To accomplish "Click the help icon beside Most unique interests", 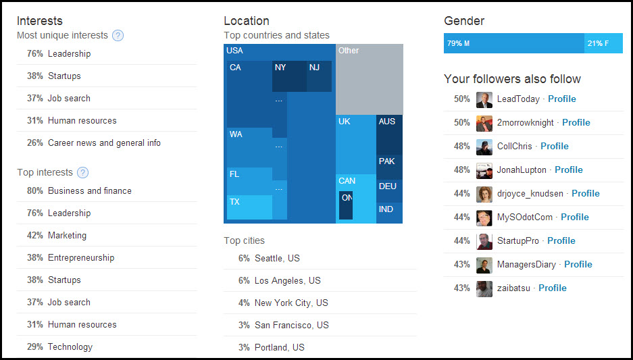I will click(x=118, y=36).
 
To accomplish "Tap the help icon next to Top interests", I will click(x=83, y=173).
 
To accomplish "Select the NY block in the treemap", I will click(x=289, y=76).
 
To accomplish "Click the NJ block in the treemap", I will click(x=319, y=76).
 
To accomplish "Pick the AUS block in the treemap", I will click(x=389, y=134).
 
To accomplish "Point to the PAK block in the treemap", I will click(x=389, y=166).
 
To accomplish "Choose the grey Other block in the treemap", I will click(x=370, y=79).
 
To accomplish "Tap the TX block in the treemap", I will click(x=249, y=207).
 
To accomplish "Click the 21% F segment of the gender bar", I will click(x=603, y=44).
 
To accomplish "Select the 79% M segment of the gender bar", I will click(x=513, y=44).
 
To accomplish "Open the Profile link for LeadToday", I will click(x=561, y=99).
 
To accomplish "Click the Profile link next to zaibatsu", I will click(x=552, y=288).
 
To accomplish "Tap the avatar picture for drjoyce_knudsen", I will click(x=484, y=195).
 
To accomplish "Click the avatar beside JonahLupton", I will click(x=484, y=171).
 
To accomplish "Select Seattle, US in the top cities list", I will click(x=277, y=258).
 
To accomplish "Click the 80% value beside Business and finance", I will click(x=35, y=191).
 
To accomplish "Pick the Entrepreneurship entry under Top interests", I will click(x=81, y=258).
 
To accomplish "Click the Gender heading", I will click(x=464, y=21).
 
